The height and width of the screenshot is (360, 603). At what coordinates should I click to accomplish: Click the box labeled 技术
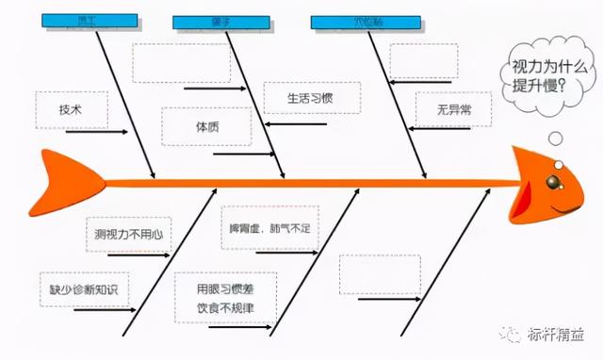(71, 109)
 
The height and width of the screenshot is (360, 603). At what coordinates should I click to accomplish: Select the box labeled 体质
(207, 126)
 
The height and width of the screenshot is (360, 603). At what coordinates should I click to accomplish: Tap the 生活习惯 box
(310, 97)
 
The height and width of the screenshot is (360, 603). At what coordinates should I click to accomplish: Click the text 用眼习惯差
(226, 287)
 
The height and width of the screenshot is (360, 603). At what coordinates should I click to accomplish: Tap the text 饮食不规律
(226, 307)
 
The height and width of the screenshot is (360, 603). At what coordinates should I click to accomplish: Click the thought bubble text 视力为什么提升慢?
(543, 74)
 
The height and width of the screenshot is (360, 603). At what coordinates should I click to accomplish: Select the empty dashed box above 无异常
(423, 61)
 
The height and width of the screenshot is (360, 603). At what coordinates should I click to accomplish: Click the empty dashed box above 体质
(180, 63)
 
